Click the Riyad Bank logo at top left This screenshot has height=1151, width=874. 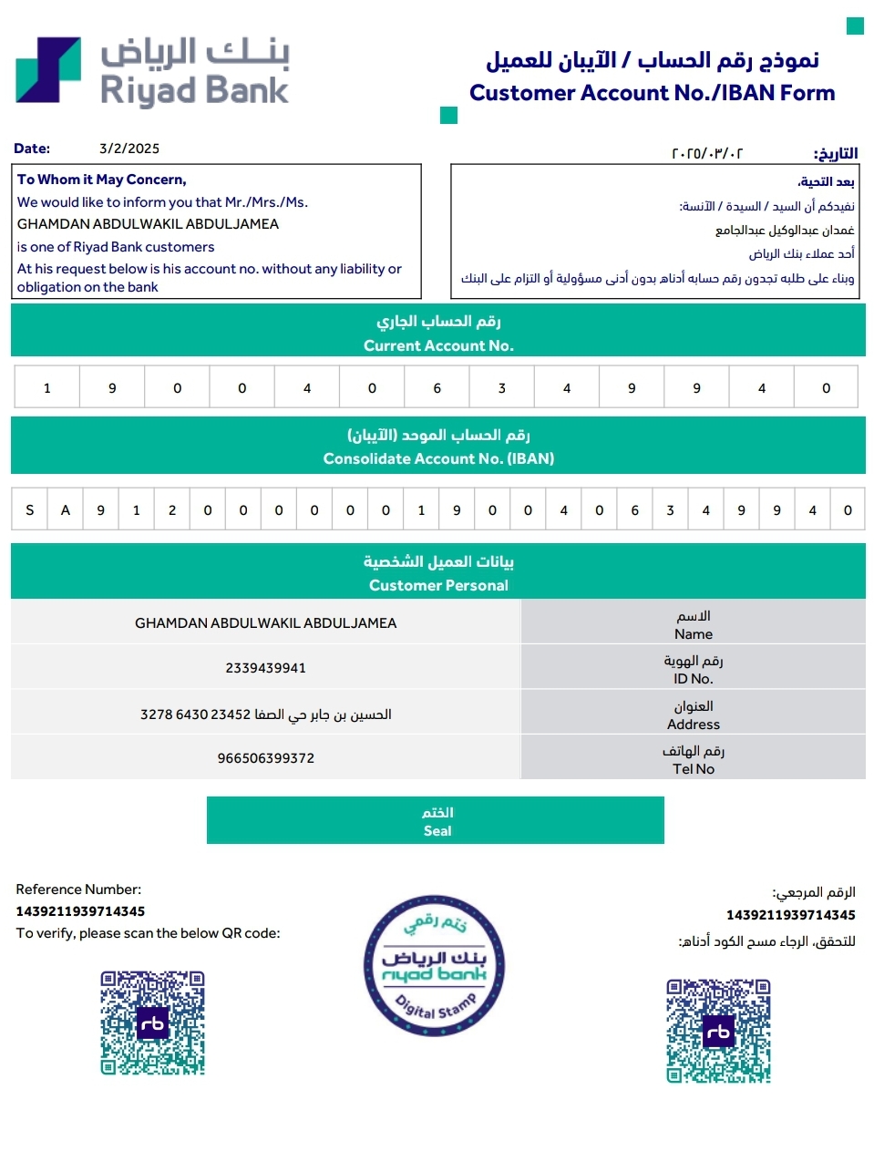tap(151, 71)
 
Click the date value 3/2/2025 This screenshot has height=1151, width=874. tap(129, 149)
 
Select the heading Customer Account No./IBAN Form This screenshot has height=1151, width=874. tap(652, 93)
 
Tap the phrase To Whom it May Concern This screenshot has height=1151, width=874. tap(101, 180)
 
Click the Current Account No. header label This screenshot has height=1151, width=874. tap(438, 345)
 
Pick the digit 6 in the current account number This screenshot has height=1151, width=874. tap(437, 388)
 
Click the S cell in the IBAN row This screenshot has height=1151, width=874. tap(29, 510)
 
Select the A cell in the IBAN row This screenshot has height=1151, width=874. tap(65, 510)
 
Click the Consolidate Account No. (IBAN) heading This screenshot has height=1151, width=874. tap(438, 458)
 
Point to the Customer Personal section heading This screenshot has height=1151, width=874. tap(438, 585)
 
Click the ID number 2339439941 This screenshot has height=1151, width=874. tap(265, 668)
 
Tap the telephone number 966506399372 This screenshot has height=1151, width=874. tap(265, 758)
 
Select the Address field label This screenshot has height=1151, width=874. tap(693, 725)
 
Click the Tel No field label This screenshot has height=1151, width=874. tap(693, 769)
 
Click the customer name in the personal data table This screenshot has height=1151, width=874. tap(265, 623)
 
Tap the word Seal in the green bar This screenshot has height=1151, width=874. tap(437, 831)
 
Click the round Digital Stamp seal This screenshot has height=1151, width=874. tap(435, 966)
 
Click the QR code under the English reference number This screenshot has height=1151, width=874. tap(152, 1023)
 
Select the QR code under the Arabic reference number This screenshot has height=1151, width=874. tap(718, 1032)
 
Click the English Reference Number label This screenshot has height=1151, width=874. tap(78, 889)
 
